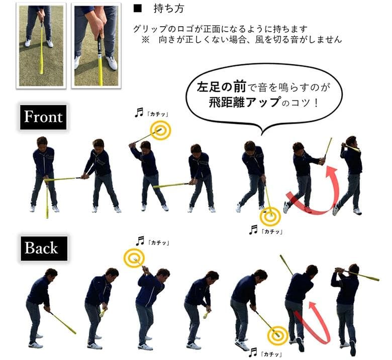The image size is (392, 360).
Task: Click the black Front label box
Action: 43,117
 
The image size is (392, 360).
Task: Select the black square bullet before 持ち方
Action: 137,9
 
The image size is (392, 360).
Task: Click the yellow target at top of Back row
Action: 134,259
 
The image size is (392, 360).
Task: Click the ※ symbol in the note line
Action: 146,40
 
